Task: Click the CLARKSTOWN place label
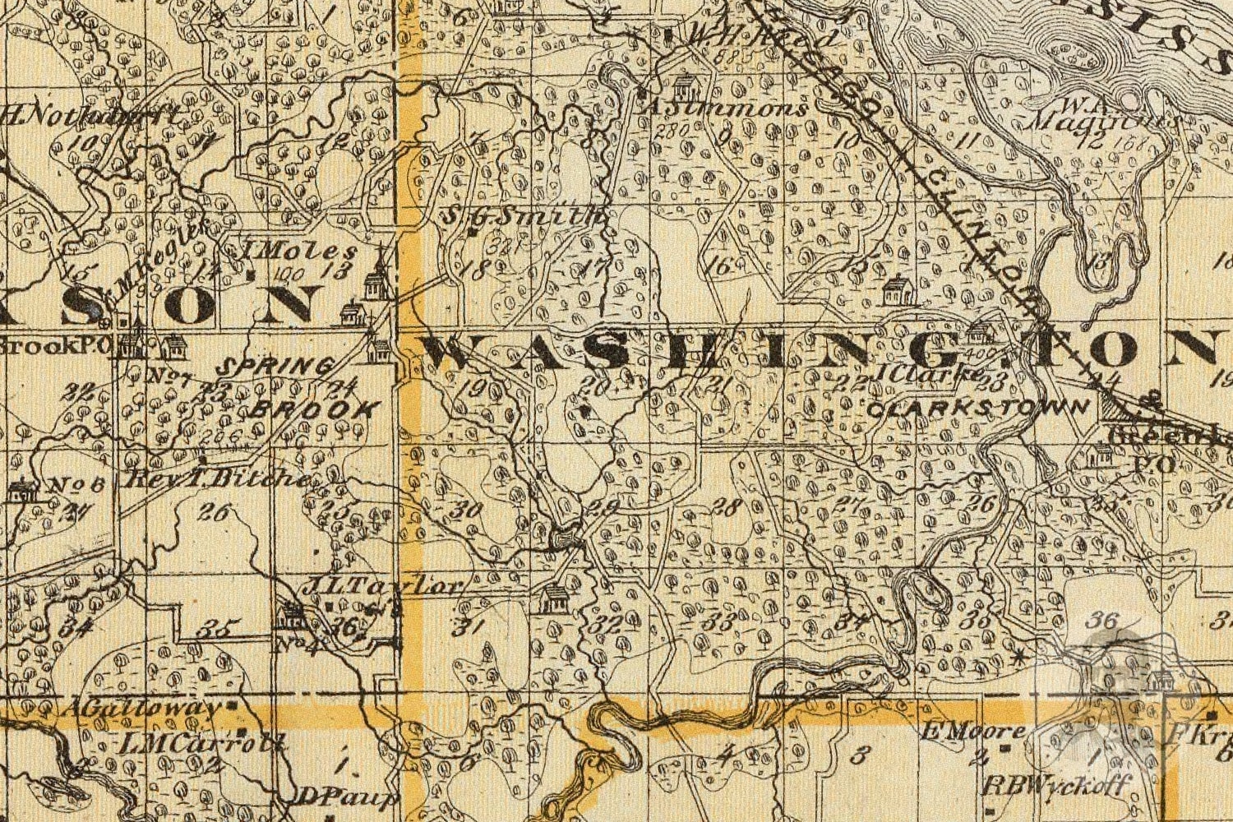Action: (979, 407)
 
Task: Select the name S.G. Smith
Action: (524, 216)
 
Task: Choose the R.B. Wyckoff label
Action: (1059, 783)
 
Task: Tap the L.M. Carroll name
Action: (202, 744)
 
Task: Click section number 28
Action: (727, 507)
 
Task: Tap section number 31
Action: (470, 627)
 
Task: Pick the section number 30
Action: (467, 510)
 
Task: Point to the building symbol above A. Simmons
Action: (684, 85)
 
